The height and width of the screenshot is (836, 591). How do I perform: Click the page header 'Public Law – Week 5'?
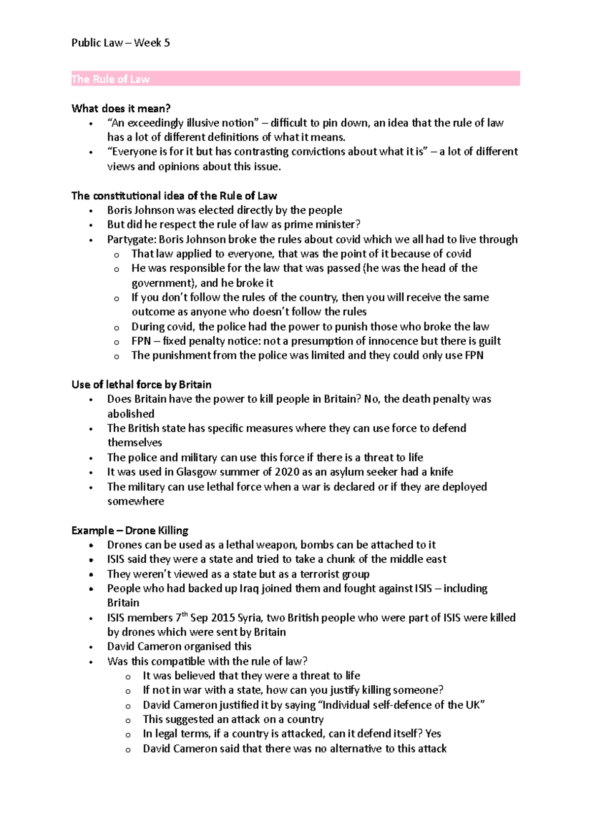(x=120, y=43)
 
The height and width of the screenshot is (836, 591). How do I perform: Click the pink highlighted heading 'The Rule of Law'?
(x=110, y=79)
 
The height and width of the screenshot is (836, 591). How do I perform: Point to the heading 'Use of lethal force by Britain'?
(x=141, y=385)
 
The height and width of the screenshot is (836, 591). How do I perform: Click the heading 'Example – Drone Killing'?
(x=130, y=530)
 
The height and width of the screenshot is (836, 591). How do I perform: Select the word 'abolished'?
(x=131, y=414)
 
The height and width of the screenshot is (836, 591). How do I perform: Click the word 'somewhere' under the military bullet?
(x=135, y=501)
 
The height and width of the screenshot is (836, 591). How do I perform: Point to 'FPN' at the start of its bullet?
(x=141, y=341)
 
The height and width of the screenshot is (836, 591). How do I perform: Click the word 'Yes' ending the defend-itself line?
(x=433, y=734)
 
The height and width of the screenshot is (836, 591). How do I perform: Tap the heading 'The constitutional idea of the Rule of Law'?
(x=174, y=196)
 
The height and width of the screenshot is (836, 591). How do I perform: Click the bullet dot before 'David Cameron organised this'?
(x=91, y=647)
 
